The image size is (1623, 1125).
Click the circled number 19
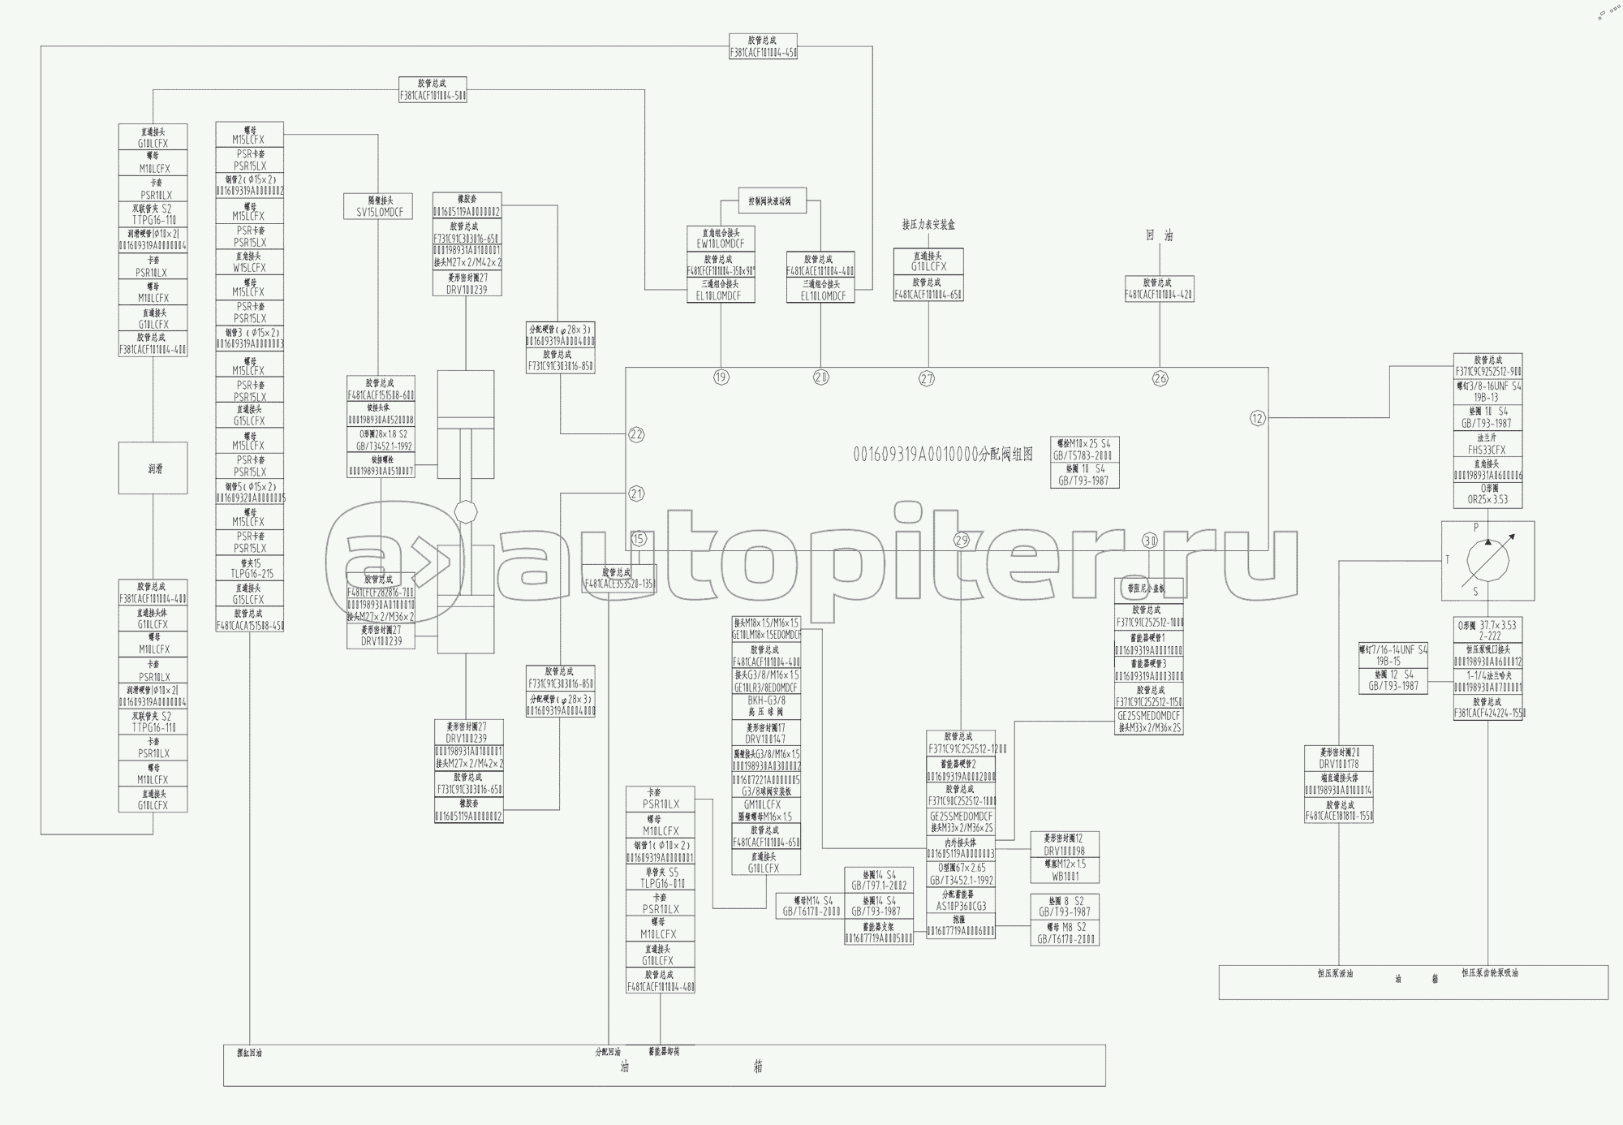[721, 377]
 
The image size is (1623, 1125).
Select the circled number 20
[821, 377]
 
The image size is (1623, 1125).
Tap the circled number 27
[928, 378]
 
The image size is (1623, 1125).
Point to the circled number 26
[1160, 378]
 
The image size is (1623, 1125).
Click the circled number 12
[1258, 418]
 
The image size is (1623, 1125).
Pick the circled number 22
[636, 434]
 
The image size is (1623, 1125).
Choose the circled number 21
[636, 494]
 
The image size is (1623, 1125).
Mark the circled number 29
[962, 541]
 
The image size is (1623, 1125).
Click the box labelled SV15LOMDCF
[378, 212]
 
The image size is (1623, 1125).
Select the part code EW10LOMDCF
[721, 244]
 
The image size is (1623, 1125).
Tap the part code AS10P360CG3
[960, 906]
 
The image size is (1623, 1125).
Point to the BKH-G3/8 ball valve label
[766, 700]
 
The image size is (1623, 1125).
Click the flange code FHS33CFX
[1487, 450]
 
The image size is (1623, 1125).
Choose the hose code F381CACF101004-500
[433, 96]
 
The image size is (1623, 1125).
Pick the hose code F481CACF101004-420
[1159, 295]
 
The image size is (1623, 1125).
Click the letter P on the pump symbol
[1476, 528]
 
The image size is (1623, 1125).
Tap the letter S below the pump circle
[1475, 592]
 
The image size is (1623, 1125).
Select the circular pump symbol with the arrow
[1487, 560]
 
